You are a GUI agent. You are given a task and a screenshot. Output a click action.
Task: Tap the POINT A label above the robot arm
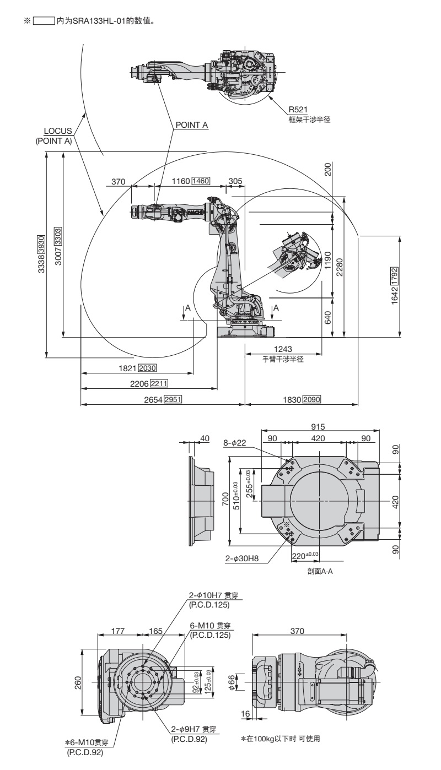(191, 125)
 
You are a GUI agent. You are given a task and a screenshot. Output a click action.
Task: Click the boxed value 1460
(201, 181)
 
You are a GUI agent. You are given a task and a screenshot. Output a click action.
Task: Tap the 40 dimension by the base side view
(205, 438)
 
